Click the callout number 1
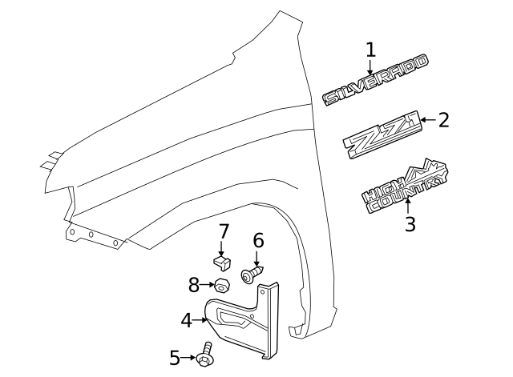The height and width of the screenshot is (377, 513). (x=370, y=50)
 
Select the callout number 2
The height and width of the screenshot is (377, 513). (x=443, y=120)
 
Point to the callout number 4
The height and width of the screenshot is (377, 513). (x=186, y=320)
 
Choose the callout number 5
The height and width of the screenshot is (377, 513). (x=175, y=358)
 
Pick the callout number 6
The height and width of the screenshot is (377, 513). (x=258, y=240)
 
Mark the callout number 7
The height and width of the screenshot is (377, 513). (x=224, y=232)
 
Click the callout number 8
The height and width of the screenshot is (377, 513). (x=193, y=284)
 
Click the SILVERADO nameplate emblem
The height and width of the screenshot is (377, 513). (x=375, y=81)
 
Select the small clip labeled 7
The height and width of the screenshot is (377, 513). (x=221, y=261)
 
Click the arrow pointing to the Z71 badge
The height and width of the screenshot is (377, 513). (x=426, y=121)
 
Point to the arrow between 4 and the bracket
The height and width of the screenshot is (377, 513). (x=201, y=320)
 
